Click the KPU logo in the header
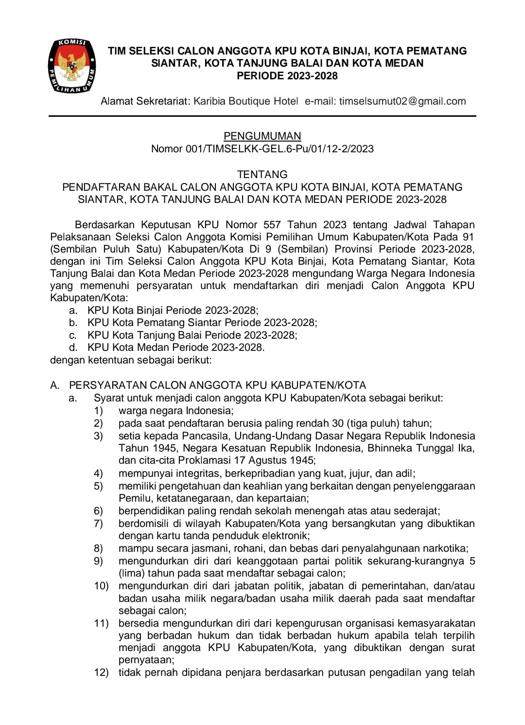click(71, 66)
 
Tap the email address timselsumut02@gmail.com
click(402, 101)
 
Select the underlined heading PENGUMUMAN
click(262, 136)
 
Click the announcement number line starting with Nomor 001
click(262, 149)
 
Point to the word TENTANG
click(262, 174)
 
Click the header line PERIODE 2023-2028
click(287, 76)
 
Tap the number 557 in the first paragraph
click(272, 225)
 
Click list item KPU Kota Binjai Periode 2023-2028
click(173, 310)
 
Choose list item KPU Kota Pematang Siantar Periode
click(202, 323)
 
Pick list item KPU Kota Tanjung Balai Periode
click(192, 335)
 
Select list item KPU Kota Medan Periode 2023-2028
click(175, 347)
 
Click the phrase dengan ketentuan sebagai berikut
click(131, 360)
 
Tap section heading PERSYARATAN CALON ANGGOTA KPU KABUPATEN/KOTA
click(217, 385)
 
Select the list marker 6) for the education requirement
click(99, 511)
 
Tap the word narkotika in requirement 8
click(444, 548)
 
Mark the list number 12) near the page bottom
click(101, 673)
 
